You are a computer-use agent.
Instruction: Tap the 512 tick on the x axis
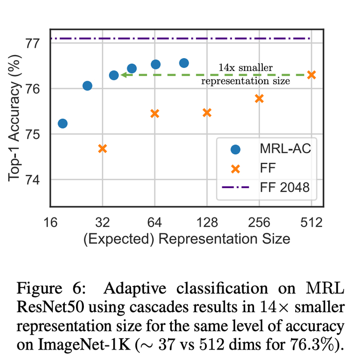311,223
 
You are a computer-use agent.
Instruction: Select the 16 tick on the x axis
50,223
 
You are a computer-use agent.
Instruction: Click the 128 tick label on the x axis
207,223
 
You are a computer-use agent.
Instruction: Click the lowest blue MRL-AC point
63,123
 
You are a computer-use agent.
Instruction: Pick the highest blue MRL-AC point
184,63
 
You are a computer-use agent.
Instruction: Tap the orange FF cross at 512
311,75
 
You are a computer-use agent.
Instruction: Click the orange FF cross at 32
102,149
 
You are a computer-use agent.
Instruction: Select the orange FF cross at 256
259,98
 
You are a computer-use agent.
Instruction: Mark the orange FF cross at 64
155,113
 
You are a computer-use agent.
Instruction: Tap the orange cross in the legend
236,168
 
